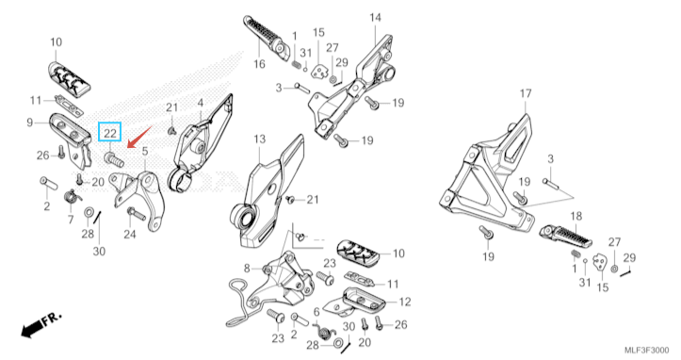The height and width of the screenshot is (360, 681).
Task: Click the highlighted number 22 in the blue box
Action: click(x=110, y=133)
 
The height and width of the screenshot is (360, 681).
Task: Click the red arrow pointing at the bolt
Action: click(x=139, y=137)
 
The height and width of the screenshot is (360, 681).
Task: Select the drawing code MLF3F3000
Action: click(x=646, y=350)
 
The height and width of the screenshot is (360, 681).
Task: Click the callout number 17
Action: click(x=526, y=93)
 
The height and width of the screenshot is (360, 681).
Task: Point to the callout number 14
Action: click(x=375, y=17)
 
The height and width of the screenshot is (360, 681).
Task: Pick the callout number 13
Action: click(x=259, y=139)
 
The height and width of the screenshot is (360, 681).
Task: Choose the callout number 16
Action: click(x=259, y=64)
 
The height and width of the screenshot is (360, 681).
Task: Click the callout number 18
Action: click(x=576, y=216)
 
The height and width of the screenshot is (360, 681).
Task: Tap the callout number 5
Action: click(x=145, y=152)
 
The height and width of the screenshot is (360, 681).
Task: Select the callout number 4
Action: click(x=201, y=103)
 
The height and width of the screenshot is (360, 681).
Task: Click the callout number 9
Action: click(x=29, y=123)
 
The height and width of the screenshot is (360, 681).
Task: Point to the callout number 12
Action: click(x=405, y=302)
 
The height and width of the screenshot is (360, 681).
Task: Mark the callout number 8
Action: click(x=247, y=269)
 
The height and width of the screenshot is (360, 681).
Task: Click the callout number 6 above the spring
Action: click(x=316, y=312)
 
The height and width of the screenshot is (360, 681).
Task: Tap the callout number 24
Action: click(x=129, y=235)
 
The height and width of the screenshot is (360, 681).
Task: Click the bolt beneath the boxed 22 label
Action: click(x=114, y=160)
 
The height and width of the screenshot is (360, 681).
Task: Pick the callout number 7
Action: click(x=71, y=220)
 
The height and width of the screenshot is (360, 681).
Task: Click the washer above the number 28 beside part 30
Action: click(x=88, y=212)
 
